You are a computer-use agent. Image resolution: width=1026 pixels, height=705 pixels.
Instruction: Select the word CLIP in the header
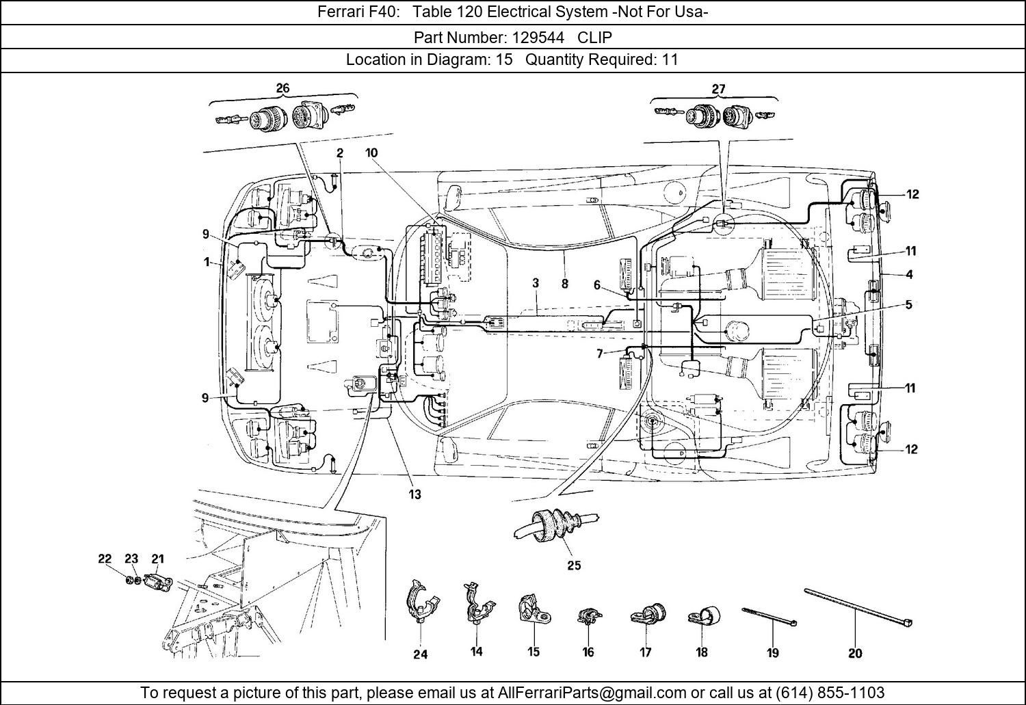594,37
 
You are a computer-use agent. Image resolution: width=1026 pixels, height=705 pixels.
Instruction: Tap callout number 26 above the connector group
282,88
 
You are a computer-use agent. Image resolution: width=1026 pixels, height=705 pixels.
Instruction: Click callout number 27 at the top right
718,88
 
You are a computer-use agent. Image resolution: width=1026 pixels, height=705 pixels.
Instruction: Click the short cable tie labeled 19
769,615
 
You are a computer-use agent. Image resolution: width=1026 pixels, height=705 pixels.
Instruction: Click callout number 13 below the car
415,494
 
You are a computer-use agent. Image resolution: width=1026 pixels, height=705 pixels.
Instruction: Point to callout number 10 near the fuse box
371,152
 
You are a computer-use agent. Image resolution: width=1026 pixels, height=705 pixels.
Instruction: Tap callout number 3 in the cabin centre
536,282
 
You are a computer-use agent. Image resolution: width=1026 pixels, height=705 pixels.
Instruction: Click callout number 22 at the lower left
104,559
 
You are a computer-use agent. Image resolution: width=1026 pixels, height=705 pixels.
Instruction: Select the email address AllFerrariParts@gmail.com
592,692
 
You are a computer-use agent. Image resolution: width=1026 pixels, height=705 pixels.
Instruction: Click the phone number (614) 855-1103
830,692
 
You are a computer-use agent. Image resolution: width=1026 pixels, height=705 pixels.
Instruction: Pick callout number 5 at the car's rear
908,305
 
